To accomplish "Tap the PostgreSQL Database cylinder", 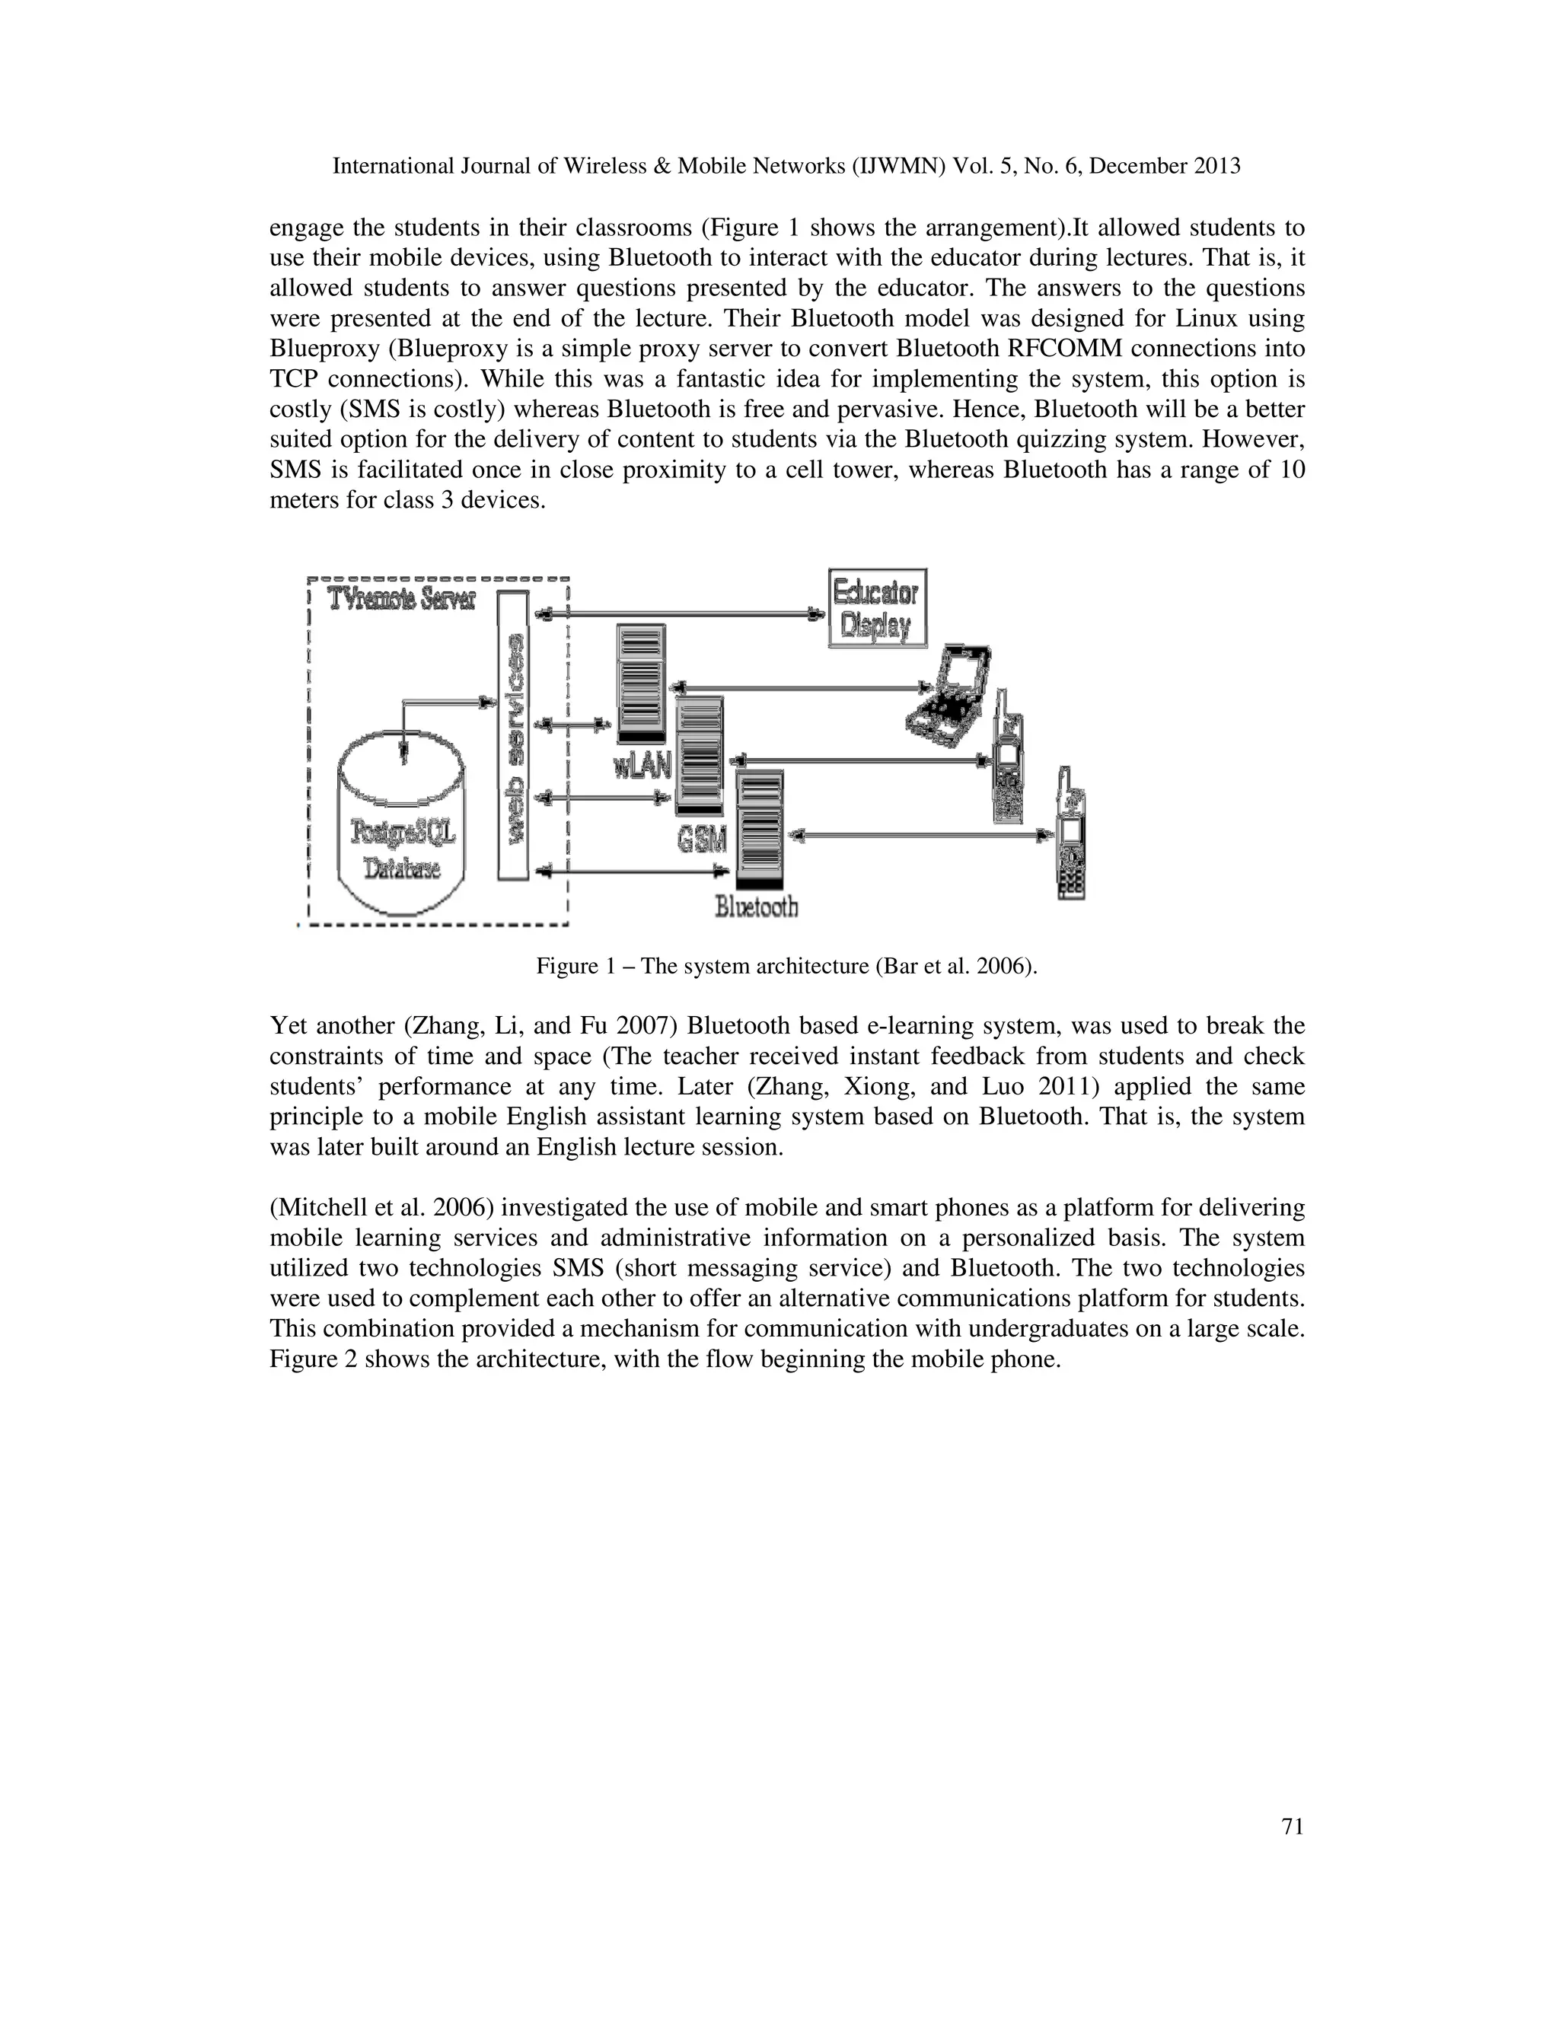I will click(401, 822).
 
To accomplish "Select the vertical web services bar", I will click(512, 735).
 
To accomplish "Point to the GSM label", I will click(701, 840).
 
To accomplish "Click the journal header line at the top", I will click(786, 166).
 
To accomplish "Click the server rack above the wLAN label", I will click(641, 683).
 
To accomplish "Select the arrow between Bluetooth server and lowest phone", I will click(919, 836).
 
